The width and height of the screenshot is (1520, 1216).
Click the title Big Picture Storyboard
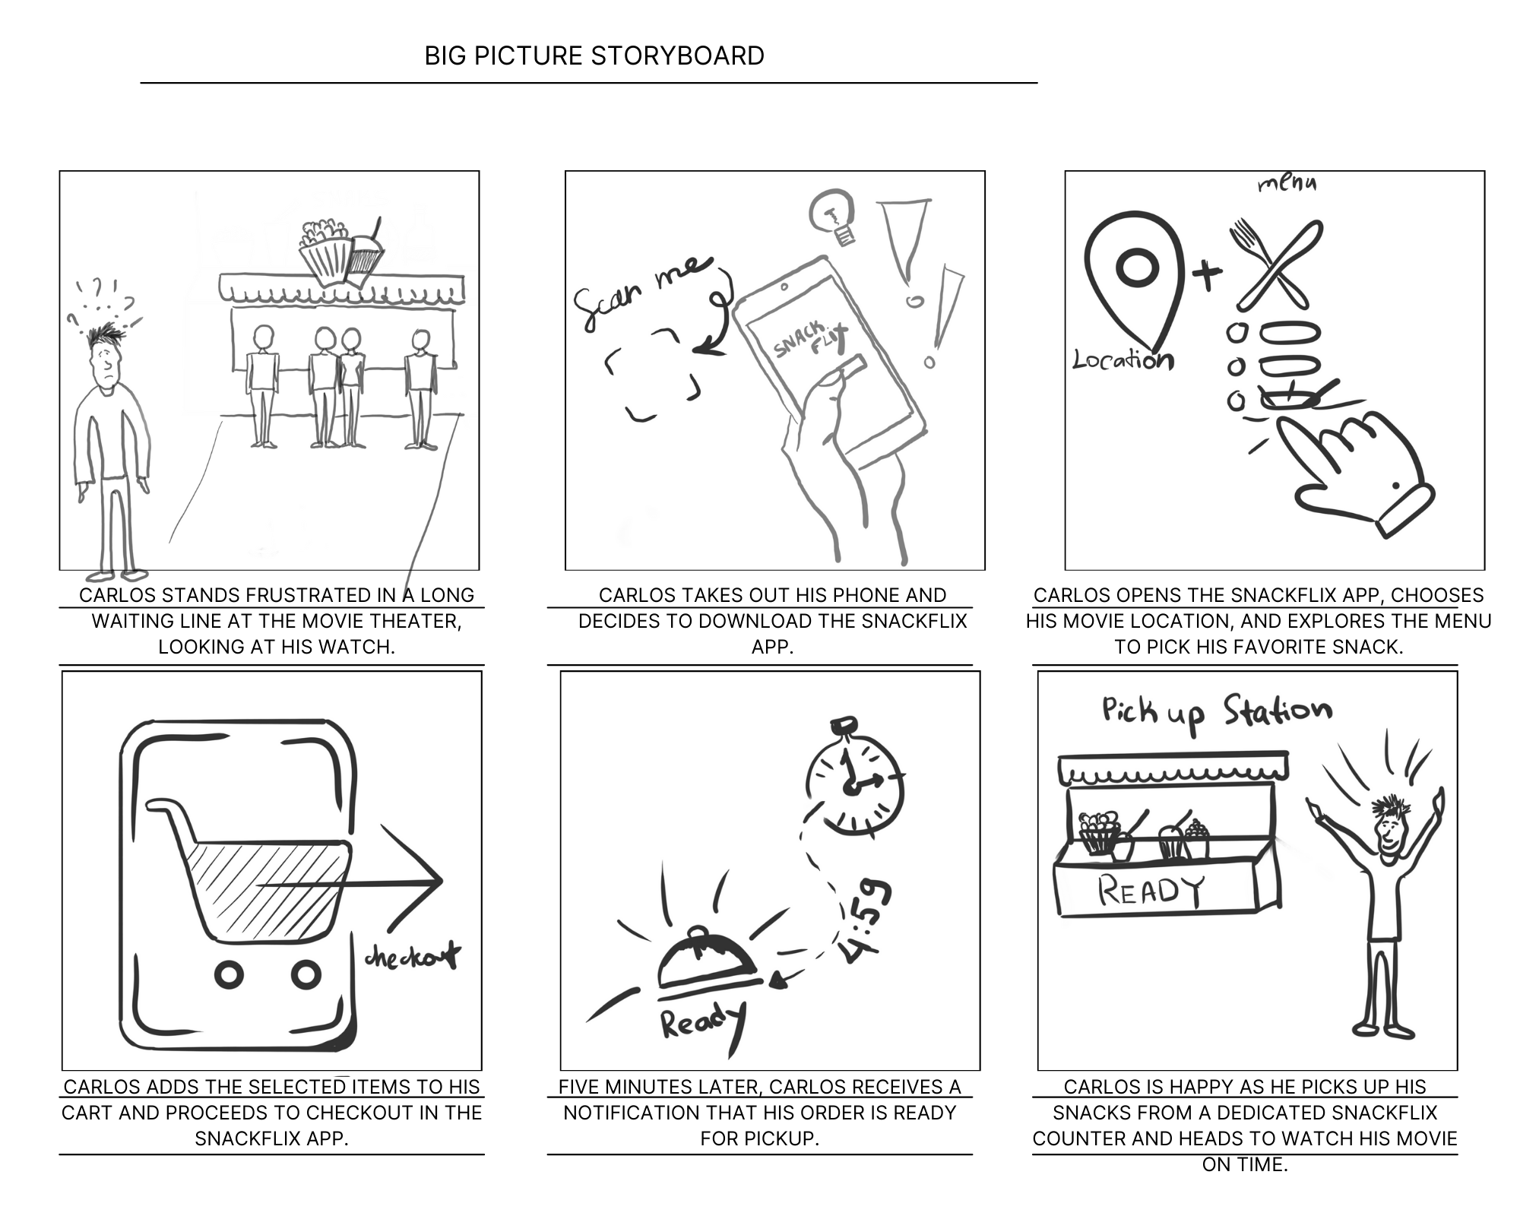594,55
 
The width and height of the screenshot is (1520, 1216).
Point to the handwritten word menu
1287,183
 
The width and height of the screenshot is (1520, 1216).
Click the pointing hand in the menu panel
1353,471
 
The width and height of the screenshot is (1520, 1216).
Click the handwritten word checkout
413,956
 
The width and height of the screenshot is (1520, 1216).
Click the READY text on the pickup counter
1151,891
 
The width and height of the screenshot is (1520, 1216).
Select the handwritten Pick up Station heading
1216,713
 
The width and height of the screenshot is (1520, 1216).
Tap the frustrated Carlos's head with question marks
106,357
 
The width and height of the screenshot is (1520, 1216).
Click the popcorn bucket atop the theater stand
325,251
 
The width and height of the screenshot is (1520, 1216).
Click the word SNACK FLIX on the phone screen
809,339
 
